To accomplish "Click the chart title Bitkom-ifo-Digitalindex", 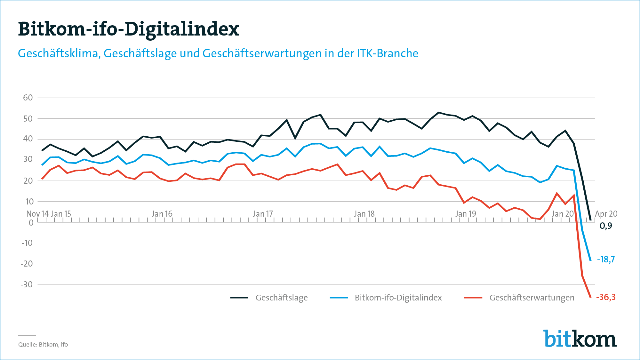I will tap(128, 29).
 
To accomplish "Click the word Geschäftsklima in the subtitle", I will tap(58, 53).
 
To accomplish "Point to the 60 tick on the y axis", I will tap(28, 98).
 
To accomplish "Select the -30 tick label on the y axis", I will tap(27, 284).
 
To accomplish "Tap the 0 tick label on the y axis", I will tap(31, 223).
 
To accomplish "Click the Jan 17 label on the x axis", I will tap(263, 214).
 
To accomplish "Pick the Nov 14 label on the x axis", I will tap(37, 214).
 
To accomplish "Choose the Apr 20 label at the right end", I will tap(606, 214).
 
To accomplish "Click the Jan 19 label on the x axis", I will tap(466, 214).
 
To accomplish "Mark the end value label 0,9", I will tap(605, 226).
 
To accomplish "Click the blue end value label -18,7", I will tap(606, 260).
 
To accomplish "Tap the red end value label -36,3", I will tap(606, 297).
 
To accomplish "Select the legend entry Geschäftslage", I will tap(281, 298).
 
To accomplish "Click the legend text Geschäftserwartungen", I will tap(532, 298).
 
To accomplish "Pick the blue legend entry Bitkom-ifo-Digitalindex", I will tap(398, 298).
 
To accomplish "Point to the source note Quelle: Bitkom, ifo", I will tap(43, 345).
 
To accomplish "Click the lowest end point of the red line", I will tap(590, 297).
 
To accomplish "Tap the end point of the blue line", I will tap(590, 260).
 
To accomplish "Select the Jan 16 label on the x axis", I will tap(162, 214).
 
